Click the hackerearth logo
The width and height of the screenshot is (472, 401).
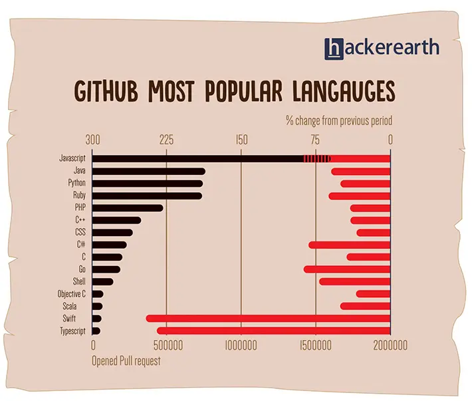click(x=382, y=48)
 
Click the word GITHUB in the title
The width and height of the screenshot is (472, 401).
click(x=108, y=91)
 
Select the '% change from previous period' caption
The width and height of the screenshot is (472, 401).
click(x=338, y=121)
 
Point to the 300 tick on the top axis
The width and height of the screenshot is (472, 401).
click(x=93, y=140)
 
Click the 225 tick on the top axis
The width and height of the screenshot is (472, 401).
click(x=166, y=140)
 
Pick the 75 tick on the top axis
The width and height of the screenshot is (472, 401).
click(x=315, y=140)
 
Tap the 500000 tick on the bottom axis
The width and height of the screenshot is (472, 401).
click(x=168, y=346)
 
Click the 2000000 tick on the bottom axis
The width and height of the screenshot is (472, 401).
click(x=390, y=346)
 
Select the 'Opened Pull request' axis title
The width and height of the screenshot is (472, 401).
click(x=126, y=360)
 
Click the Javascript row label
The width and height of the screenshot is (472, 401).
click(x=72, y=159)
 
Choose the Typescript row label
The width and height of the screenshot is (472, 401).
click(x=72, y=331)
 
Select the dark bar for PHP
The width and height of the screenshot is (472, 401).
click(x=127, y=208)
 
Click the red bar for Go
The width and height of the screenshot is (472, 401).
click(x=346, y=269)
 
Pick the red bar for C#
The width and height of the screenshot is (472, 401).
click(x=349, y=245)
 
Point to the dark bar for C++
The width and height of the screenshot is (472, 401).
click(x=116, y=220)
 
